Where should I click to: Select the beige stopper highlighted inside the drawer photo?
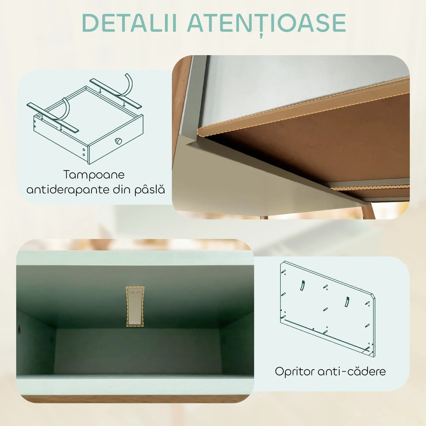[134, 306]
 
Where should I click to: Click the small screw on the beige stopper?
[134, 294]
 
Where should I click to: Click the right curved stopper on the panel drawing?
[347, 302]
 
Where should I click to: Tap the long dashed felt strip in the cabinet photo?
[301, 104]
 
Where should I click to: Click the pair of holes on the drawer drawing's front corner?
[84, 152]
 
